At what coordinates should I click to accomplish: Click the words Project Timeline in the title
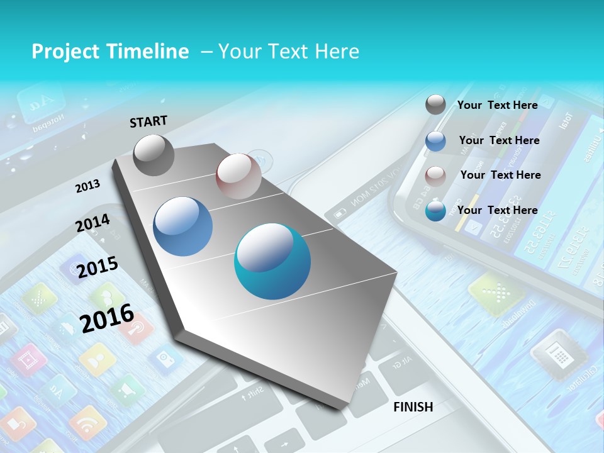tap(110, 52)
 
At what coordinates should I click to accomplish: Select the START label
tap(148, 121)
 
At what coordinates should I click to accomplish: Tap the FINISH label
tap(413, 406)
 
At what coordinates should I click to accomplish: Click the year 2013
tap(87, 186)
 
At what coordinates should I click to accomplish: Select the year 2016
tap(107, 318)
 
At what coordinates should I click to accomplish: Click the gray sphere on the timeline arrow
tap(154, 155)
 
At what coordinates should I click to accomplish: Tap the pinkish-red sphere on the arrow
tap(238, 176)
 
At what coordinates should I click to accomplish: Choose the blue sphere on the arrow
tap(183, 226)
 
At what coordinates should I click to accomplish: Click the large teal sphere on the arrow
tap(272, 261)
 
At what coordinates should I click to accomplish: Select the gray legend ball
tap(435, 105)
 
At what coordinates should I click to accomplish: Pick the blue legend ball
tap(435, 141)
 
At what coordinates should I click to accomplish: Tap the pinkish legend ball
tap(435, 176)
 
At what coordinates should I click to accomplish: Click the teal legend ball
tap(435, 211)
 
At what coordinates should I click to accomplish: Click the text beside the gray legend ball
tap(497, 105)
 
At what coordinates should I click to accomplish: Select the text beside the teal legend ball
tap(497, 210)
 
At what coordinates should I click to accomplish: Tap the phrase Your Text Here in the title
tap(288, 52)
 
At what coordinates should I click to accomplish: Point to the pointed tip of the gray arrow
tap(344, 409)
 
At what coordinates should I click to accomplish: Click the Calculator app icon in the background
tap(550, 356)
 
